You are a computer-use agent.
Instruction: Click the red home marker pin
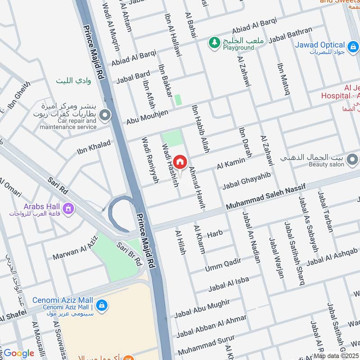[x=180, y=162]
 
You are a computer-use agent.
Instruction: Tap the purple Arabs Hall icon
[x=68, y=208]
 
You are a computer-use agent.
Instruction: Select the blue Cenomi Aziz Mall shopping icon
[x=102, y=305]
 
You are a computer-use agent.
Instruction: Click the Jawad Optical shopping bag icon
[x=353, y=45]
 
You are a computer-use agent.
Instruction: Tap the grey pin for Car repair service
[x=105, y=116]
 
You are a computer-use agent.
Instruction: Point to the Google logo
[x=19, y=353]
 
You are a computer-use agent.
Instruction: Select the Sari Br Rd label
[x=130, y=254]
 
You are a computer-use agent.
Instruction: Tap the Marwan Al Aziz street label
[x=75, y=250]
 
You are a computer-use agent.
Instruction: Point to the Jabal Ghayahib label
[x=246, y=180]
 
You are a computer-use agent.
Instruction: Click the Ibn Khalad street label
[x=94, y=147]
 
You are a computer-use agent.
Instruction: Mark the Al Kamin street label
[x=231, y=163]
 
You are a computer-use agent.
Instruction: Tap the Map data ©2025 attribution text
[x=336, y=355]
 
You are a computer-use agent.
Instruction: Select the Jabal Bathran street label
[x=290, y=35]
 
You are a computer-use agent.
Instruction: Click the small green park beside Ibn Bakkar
[x=178, y=100]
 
